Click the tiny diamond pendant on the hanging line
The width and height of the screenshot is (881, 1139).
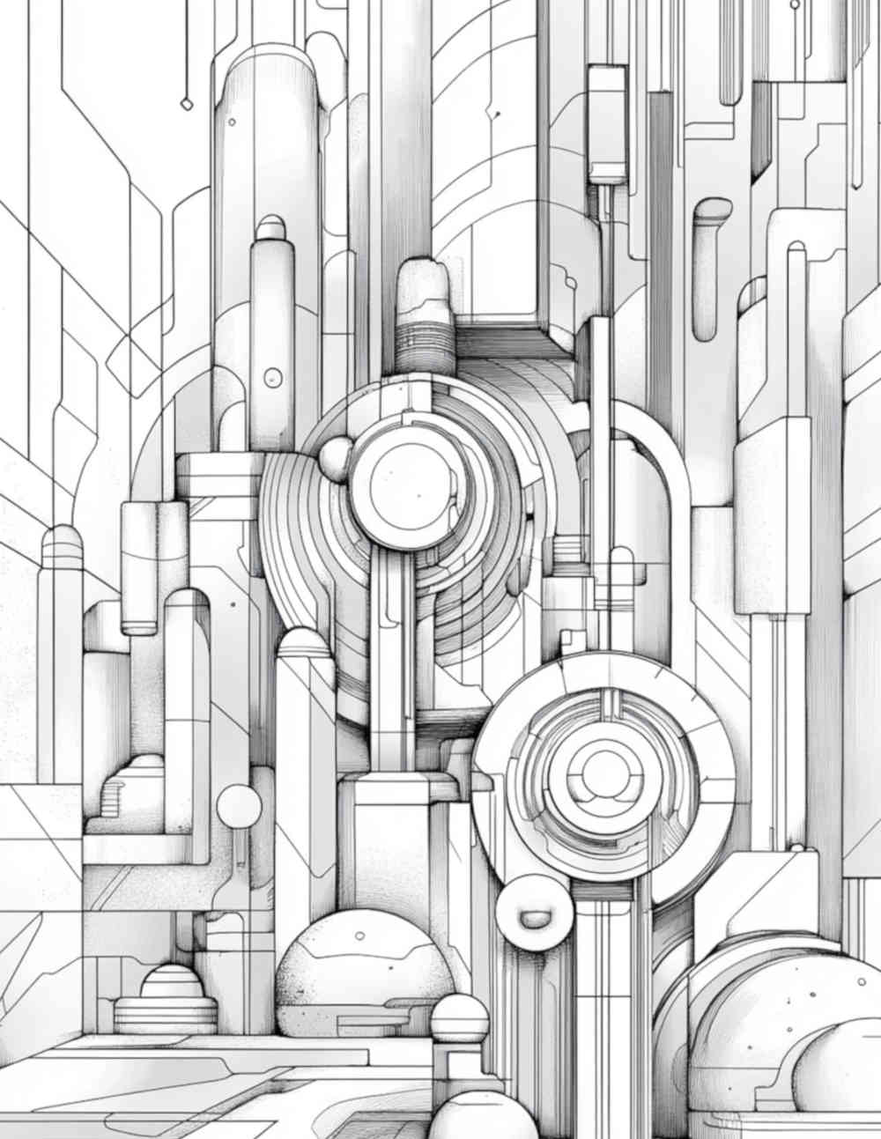(x=186, y=104)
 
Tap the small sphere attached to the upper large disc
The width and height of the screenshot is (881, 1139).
(x=335, y=457)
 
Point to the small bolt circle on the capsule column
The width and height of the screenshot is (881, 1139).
(x=272, y=377)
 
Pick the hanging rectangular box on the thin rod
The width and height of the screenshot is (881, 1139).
(x=606, y=123)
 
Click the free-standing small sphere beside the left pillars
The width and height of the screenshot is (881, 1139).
(x=239, y=806)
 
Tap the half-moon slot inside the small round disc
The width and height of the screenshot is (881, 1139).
(x=535, y=919)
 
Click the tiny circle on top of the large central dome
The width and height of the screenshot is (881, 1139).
(x=359, y=936)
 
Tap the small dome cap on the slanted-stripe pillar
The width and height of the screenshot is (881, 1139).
(x=304, y=641)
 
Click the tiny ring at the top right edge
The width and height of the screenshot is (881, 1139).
(x=795, y=4)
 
